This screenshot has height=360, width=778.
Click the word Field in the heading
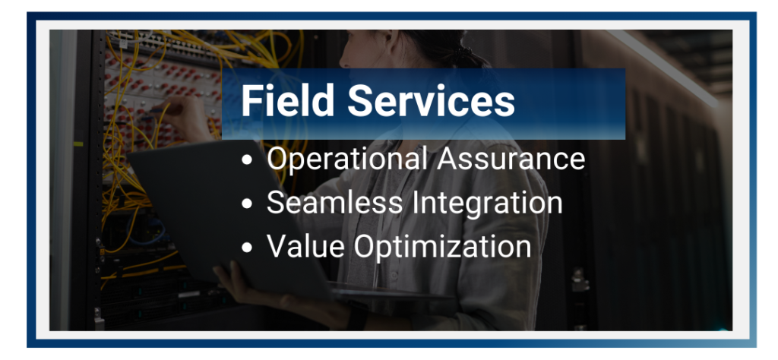pyautogui.click(x=287, y=100)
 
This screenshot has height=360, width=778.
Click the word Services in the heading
pyautogui.click(x=432, y=100)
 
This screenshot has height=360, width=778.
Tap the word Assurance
pyautogui.click(x=511, y=159)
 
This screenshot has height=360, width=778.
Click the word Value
pyautogui.click(x=305, y=246)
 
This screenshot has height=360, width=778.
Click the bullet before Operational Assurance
pyautogui.click(x=247, y=160)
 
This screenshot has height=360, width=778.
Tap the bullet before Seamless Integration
pyautogui.click(x=247, y=204)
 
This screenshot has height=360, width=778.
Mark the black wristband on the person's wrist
pyautogui.click(x=357, y=317)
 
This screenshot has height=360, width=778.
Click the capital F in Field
pyautogui.click(x=251, y=101)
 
